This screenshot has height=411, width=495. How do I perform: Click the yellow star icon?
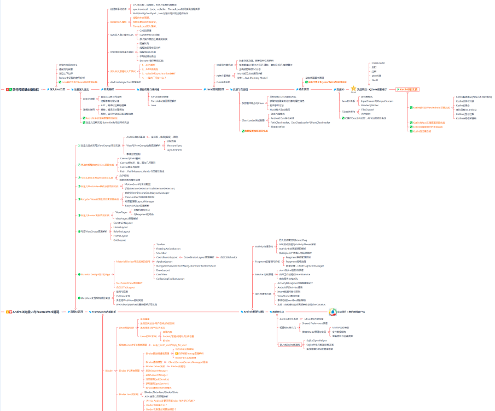(x=354, y=88)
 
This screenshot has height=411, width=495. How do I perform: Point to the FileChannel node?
(x=368, y=109)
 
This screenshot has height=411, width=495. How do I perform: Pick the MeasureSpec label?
(x=174, y=146)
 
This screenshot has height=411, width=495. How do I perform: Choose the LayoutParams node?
(x=174, y=149)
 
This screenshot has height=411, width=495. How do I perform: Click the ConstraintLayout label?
(x=123, y=223)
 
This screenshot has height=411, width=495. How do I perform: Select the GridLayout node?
(x=119, y=240)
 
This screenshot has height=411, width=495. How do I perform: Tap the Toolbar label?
(x=160, y=244)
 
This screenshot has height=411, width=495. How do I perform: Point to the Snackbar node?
(x=161, y=253)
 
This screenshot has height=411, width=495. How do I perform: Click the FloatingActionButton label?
(x=168, y=248)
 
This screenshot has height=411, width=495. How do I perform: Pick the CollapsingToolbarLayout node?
(x=170, y=279)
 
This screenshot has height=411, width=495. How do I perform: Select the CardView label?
(x=161, y=274)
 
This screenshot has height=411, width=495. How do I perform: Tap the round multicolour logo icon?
(x=332, y=311)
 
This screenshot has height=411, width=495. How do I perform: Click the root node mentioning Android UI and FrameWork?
(x=33, y=311)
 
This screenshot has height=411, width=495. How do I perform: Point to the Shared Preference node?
(x=315, y=323)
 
